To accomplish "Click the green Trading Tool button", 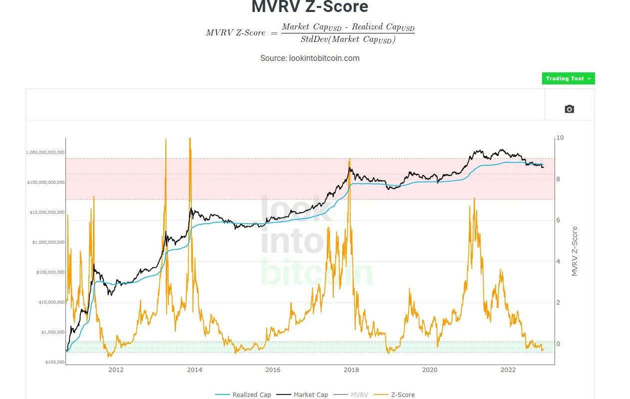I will [568, 78].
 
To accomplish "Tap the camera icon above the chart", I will [569, 109].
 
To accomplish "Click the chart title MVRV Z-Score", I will [310, 7].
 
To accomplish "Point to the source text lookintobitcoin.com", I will [310, 58].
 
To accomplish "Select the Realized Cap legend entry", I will [251, 395].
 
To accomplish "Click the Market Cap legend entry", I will [310, 395].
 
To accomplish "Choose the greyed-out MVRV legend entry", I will [359, 395].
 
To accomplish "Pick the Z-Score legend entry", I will [402, 395].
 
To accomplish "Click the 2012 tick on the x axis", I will [116, 370].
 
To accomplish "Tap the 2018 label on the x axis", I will [351, 370].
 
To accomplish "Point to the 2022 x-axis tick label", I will [508, 370].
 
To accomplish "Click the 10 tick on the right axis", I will [560, 138].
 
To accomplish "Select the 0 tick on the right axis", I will [559, 344].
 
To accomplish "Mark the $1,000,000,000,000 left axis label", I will [45, 152].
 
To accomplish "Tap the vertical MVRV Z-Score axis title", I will [575, 251].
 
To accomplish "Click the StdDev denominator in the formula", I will [348, 40].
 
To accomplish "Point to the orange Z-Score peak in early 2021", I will [474, 199].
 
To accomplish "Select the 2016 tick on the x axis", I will [273, 370].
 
